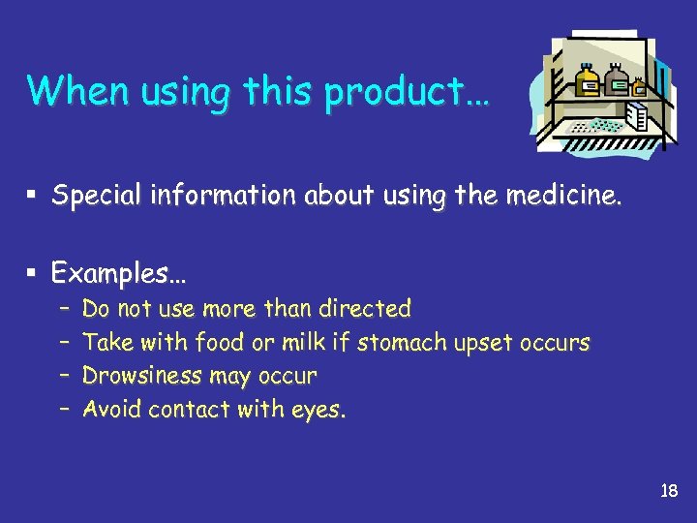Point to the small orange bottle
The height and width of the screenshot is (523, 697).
pyautogui.click(x=638, y=88)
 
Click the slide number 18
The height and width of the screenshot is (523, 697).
pyautogui.click(x=668, y=491)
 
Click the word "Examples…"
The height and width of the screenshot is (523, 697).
pyautogui.click(x=116, y=274)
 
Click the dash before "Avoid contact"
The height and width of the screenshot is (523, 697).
pyautogui.click(x=62, y=410)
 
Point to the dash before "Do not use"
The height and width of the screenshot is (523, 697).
pyautogui.click(x=62, y=309)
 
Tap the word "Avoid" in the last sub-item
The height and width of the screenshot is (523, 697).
pyautogui.click(x=111, y=410)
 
